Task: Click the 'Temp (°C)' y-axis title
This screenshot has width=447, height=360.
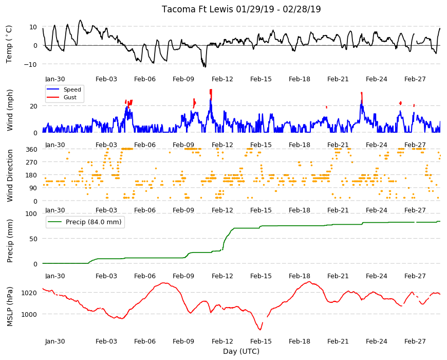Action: click(9, 44)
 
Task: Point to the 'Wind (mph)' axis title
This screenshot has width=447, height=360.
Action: click(10, 110)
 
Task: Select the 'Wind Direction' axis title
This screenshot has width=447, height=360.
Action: click(10, 175)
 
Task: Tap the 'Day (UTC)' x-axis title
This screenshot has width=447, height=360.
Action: click(241, 351)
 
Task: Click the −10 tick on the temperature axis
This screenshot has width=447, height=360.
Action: click(30, 64)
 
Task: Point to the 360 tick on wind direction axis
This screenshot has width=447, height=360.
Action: click(32, 149)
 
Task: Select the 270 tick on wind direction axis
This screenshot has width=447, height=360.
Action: click(32, 163)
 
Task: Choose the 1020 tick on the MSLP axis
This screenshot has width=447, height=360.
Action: click(29, 293)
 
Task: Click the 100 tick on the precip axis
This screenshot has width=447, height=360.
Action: click(31, 213)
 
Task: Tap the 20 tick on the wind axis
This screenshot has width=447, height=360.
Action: click(33, 106)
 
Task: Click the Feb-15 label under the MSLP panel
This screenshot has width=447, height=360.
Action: click(261, 341)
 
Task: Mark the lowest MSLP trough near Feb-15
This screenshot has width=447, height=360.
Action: click(260, 330)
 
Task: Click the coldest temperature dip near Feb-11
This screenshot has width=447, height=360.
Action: click(204, 67)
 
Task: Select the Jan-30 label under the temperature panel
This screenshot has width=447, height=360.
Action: click(55, 79)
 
